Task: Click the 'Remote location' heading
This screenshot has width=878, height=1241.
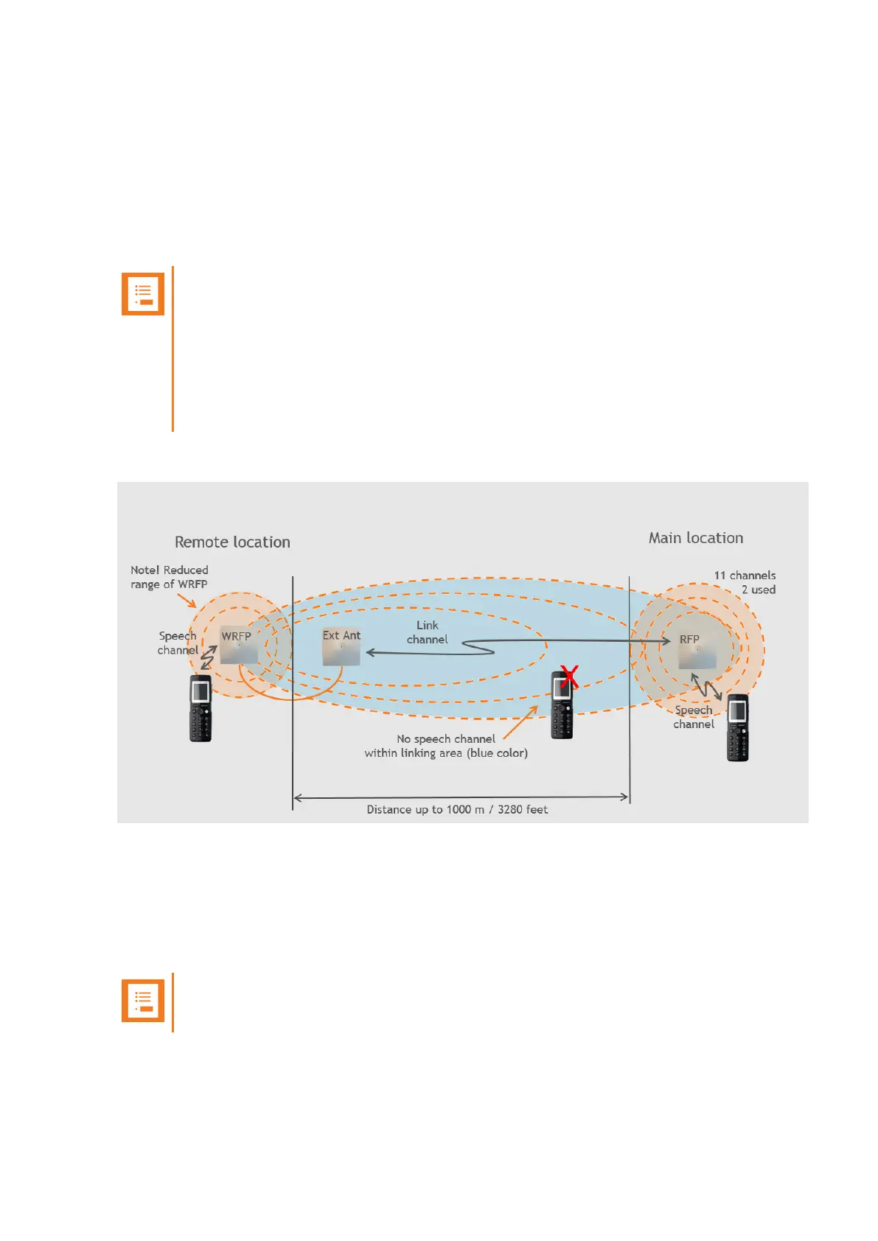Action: coord(232,542)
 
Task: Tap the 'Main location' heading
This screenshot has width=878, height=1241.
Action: coord(695,538)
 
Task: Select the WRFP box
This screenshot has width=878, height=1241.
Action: coord(239,646)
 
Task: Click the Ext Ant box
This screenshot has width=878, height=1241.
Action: coord(341,646)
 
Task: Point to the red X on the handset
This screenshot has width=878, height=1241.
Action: coord(569,676)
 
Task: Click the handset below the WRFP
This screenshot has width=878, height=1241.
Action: coord(201,707)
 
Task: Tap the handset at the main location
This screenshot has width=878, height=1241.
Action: coord(737,727)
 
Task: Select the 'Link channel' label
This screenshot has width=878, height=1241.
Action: coord(428,632)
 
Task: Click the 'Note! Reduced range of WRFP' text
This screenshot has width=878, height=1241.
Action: coord(170,577)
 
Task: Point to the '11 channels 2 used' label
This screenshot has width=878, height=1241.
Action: coord(745,582)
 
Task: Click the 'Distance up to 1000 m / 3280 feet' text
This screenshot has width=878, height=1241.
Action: coord(457,809)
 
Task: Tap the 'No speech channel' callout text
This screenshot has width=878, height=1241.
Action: coord(446,746)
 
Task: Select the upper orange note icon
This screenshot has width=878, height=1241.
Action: coord(143,293)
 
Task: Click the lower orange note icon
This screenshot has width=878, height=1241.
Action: coord(143,1001)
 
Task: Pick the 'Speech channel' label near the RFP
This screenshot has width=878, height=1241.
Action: coord(694,717)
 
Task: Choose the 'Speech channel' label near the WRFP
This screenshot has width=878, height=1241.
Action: coord(178,643)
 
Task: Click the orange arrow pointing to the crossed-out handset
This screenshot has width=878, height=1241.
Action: coord(521,721)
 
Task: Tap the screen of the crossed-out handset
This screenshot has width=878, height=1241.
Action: coord(562,687)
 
